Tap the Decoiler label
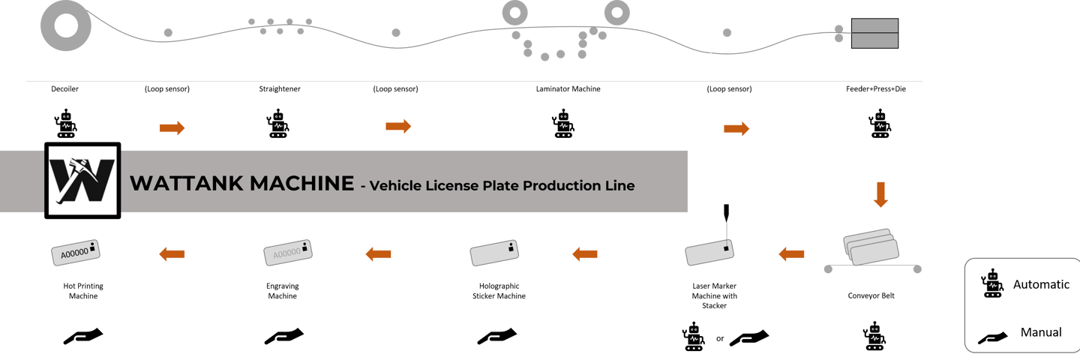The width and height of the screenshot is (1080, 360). click(x=65, y=89)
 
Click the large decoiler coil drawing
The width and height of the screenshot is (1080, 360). click(x=65, y=27)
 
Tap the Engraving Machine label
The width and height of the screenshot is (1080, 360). click(x=282, y=291)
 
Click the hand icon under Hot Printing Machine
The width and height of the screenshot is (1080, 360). click(x=82, y=337)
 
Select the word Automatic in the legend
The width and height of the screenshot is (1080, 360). click(x=1041, y=285)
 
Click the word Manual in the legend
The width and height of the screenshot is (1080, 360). click(x=1041, y=332)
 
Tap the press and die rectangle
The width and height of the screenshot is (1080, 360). click(x=874, y=34)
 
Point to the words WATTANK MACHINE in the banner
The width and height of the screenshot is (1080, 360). click(x=241, y=184)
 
